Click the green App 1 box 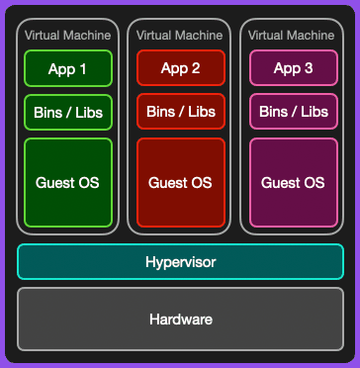[x=68, y=69]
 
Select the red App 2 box [x=180, y=69]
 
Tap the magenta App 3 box [x=293, y=69]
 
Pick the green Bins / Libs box [x=68, y=112]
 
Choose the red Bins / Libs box [x=180, y=112]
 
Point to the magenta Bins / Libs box [x=293, y=112]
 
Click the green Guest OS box [x=68, y=183]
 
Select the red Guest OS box [x=180, y=183]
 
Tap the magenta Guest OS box [x=293, y=183]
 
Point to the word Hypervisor [x=180, y=262]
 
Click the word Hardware [x=180, y=319]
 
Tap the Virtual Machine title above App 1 [x=68, y=35]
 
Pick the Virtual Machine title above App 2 [x=180, y=35]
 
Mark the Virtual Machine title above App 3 [x=293, y=35]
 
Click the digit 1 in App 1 [x=82, y=69]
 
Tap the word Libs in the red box [x=200, y=112]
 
